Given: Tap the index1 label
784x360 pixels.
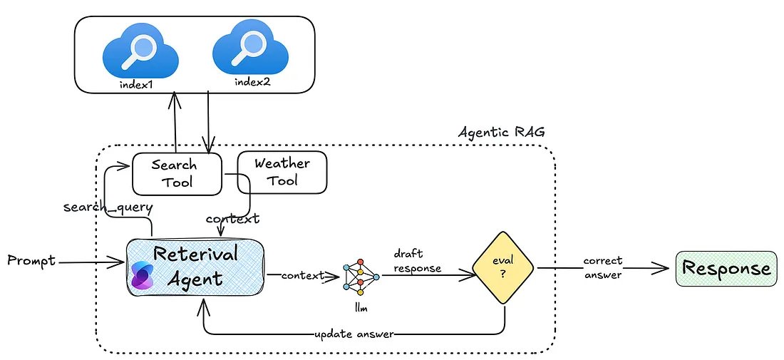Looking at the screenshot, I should [138, 85].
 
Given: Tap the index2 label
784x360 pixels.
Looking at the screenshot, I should [250, 83].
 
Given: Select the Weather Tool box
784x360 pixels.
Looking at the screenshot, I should [282, 172].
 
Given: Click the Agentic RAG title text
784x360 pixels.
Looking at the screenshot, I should [497, 133].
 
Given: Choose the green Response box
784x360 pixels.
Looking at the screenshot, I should [726, 269].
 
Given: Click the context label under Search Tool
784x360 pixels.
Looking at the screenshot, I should [232, 218].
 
